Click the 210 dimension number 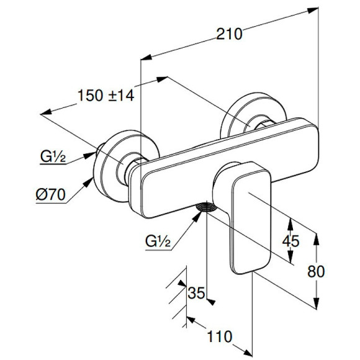tap(229, 34)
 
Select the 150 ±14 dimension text tap(106, 96)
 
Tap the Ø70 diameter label tap(51, 195)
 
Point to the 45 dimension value tap(290, 241)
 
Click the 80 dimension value tap(316, 271)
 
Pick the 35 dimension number tap(196, 293)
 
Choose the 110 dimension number tap(220, 336)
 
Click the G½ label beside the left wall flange tap(53, 157)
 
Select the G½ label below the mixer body tap(158, 241)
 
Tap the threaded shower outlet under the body tap(206, 207)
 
